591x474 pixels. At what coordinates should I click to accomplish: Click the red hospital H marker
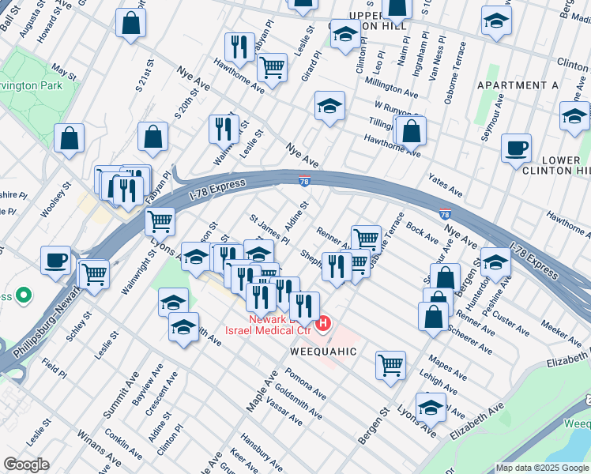323,324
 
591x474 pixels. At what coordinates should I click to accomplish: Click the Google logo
26,465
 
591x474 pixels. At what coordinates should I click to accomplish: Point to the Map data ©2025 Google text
541,468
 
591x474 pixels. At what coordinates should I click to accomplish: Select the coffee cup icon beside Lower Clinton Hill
516,148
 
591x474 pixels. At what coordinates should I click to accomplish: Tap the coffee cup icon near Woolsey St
56,260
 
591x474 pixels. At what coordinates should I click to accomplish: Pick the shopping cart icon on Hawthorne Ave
273,68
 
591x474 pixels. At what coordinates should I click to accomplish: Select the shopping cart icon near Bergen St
390,365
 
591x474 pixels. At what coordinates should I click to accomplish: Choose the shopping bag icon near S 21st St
152,137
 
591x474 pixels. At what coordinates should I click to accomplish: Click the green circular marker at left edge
24,297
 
